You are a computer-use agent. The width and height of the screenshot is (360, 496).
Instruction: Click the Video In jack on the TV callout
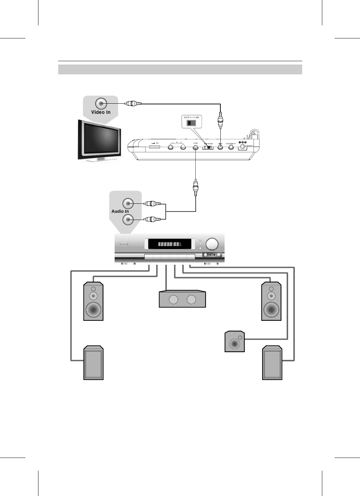[x=101, y=104]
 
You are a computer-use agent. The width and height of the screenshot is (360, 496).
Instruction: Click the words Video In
[x=101, y=112]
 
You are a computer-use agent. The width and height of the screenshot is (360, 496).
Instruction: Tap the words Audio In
[x=120, y=211]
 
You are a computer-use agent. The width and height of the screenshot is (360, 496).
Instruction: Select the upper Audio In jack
[x=128, y=203]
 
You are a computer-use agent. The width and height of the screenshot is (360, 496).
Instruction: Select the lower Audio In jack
[x=128, y=220]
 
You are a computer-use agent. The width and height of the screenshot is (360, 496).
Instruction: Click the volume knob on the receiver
[x=212, y=244]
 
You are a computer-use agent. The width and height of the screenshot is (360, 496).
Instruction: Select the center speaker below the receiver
[x=182, y=299]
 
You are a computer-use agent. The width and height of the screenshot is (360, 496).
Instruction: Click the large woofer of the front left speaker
[x=93, y=310]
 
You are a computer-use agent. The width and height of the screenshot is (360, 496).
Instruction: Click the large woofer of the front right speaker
[x=271, y=310]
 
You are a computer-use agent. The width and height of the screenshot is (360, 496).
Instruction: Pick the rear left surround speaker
[x=93, y=363]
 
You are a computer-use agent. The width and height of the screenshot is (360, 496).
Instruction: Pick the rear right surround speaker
[x=272, y=363]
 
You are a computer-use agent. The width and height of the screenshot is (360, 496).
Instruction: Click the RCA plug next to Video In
[x=133, y=104]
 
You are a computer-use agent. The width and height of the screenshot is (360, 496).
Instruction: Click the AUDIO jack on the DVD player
[x=196, y=147]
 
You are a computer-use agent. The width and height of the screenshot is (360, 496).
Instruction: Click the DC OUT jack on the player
[x=231, y=147]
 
